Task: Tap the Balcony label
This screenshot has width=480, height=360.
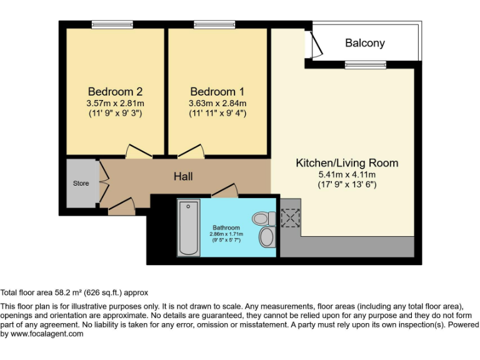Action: [365, 43]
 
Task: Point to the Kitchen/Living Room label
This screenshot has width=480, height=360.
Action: [347, 163]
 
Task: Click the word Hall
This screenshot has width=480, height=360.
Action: [183, 177]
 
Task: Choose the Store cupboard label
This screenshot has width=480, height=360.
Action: [81, 183]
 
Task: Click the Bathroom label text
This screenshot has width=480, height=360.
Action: [226, 227]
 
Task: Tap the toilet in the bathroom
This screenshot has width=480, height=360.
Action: [263, 218]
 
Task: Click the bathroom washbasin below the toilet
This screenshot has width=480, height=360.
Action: [267, 237]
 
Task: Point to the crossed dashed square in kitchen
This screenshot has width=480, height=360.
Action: [291, 218]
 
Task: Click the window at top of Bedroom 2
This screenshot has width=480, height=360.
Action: [112, 25]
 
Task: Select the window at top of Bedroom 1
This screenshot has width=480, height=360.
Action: [214, 25]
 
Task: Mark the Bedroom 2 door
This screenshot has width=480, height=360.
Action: [138, 152]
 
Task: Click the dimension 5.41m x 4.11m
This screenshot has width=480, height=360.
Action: [347, 175]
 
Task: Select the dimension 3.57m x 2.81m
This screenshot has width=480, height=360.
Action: [115, 103]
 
